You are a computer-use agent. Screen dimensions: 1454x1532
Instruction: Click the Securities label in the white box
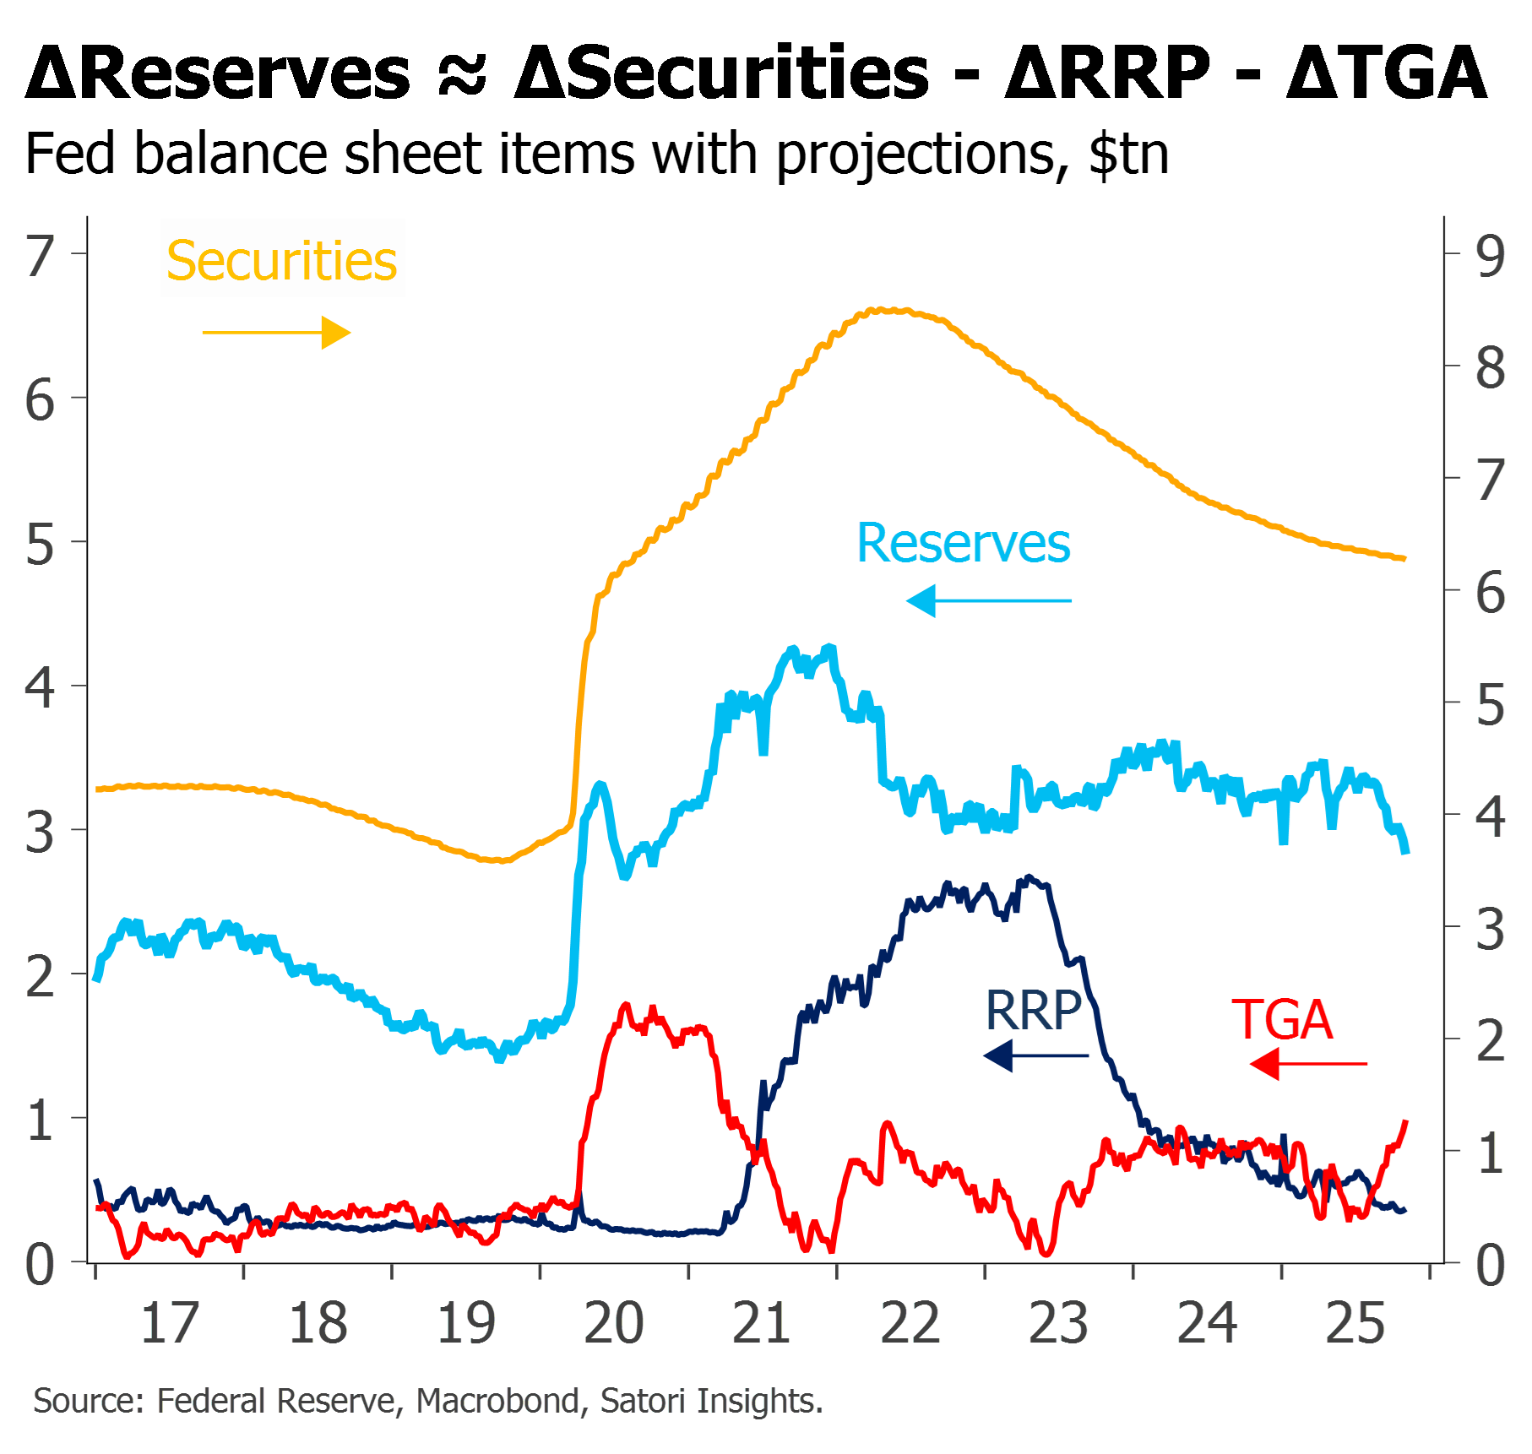pyautogui.click(x=282, y=260)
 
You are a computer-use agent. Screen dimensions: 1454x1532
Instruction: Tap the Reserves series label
pyautogui.click(x=964, y=543)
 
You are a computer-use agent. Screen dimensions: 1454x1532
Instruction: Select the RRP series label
pyautogui.click(x=1034, y=1010)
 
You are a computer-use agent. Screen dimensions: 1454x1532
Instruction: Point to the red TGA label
pyautogui.click(x=1283, y=1020)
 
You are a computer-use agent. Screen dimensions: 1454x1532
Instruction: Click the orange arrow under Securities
pyautogui.click(x=276, y=333)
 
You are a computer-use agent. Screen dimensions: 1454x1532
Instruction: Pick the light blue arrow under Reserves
pyautogui.click(x=988, y=600)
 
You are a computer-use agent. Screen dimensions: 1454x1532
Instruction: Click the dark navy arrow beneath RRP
pyautogui.click(x=1037, y=1055)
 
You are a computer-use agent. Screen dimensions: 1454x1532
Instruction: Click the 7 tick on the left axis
pyautogui.click(x=40, y=256)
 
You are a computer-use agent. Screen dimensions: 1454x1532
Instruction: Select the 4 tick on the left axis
pyautogui.click(x=40, y=688)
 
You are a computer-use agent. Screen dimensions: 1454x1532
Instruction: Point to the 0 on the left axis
pyautogui.click(x=40, y=1265)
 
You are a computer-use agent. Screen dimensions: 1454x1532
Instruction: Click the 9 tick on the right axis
pyautogui.click(x=1491, y=256)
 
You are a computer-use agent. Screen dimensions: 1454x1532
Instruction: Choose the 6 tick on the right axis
pyautogui.click(x=1491, y=593)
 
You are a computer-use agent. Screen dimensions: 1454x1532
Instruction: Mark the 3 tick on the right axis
pyautogui.click(x=1491, y=930)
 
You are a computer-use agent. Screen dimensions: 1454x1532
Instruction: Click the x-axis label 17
pyautogui.click(x=170, y=1323)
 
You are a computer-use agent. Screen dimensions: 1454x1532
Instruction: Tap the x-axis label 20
pyautogui.click(x=614, y=1323)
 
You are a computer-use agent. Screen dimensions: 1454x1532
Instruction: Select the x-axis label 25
pyautogui.click(x=1355, y=1323)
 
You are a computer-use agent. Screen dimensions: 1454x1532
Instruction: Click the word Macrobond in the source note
pyautogui.click(x=497, y=1401)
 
